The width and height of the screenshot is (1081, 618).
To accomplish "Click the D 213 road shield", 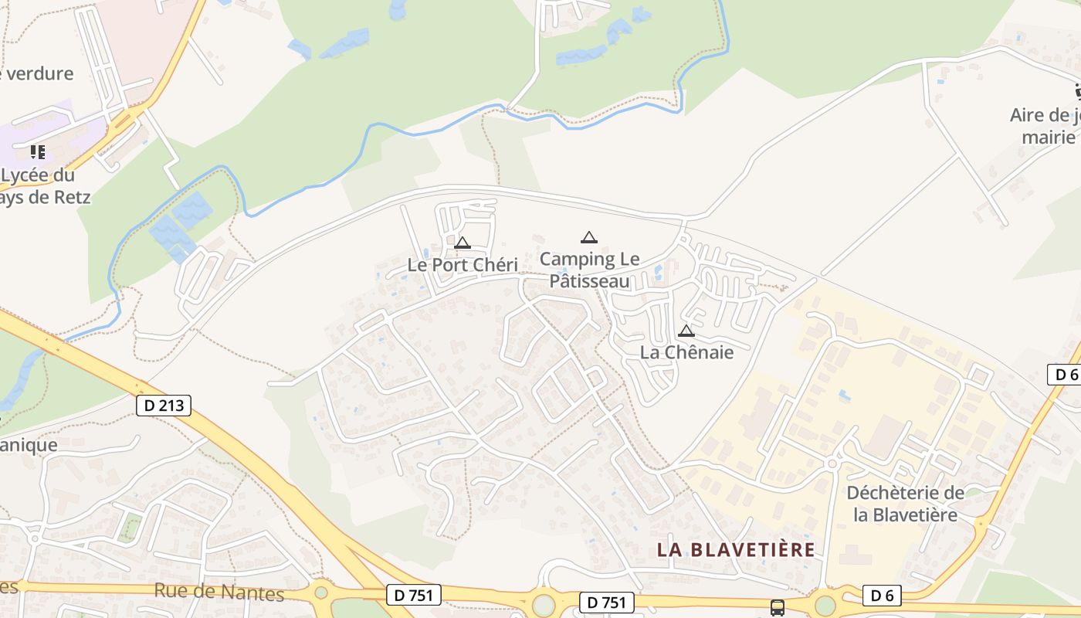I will click(163, 405).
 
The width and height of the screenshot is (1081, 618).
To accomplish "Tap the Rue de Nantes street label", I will click(219, 593).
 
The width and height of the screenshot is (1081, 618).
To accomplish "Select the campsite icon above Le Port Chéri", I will click(463, 243).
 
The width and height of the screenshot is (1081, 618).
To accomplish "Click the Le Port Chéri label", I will click(463, 265).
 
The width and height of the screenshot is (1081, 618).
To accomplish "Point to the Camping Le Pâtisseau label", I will click(589, 270).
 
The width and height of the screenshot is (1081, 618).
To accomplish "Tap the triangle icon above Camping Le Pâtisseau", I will click(589, 237).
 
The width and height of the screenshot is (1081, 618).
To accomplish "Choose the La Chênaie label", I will click(686, 351).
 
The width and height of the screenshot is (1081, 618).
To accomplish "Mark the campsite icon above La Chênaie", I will click(686, 331).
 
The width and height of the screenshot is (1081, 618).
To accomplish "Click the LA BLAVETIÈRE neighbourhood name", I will click(736, 549).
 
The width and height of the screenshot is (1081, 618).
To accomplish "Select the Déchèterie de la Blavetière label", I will click(905, 504).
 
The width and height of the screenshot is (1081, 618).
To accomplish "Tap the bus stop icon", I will click(778, 607).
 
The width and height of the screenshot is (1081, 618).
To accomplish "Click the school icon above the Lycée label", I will click(37, 151).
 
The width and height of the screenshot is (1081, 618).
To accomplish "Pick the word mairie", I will click(1049, 138).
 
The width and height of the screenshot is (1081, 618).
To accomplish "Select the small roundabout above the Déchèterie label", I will click(832, 463).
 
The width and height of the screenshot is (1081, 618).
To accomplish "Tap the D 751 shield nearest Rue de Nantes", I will click(413, 594).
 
